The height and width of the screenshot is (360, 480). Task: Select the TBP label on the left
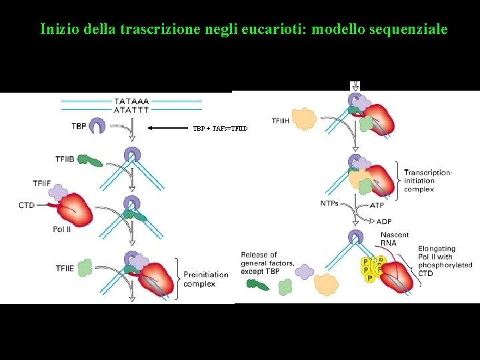point(78,126)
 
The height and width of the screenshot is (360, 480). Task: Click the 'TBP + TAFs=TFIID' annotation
point(220,128)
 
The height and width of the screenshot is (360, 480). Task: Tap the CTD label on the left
point(27,205)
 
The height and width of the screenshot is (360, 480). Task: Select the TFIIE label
point(65,269)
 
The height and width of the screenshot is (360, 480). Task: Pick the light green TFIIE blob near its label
point(85,269)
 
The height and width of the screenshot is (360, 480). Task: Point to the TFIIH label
point(280,121)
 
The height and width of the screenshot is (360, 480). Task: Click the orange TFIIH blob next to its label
point(305,119)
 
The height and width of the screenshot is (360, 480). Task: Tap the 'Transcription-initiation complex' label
point(428,181)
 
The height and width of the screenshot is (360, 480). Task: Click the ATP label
point(377,205)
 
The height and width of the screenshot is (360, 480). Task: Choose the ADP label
point(384,221)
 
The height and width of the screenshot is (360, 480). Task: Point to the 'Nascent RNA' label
point(394,239)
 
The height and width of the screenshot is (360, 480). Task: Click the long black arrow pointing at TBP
point(169,127)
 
